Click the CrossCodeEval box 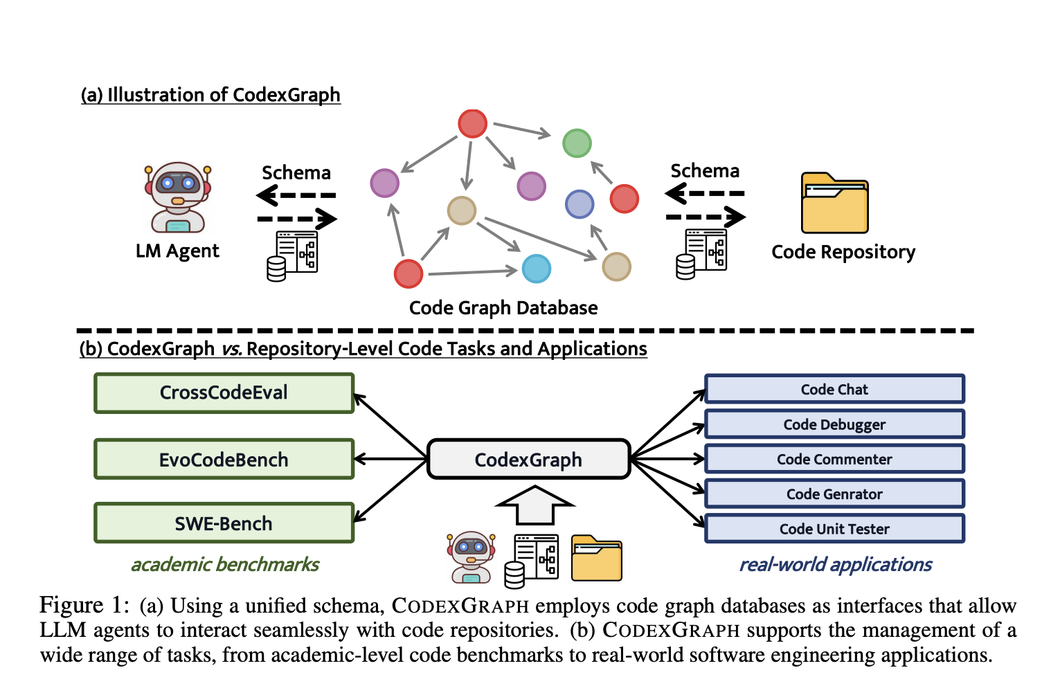tap(224, 393)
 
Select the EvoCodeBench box tap(224, 459)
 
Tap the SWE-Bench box tap(224, 523)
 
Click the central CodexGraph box tap(528, 459)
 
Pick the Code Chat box tap(834, 389)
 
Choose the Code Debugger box tap(834, 424)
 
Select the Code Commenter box tap(834, 459)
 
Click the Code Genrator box tap(834, 494)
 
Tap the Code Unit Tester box tap(834, 529)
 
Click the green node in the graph tap(577, 143)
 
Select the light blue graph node tap(536, 269)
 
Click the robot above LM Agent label tap(177, 198)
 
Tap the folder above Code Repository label tap(834, 203)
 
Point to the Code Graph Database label tap(503, 307)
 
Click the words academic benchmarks tap(225, 565)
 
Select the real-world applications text tap(836, 565)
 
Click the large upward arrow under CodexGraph tap(535, 505)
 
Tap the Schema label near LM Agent tap(296, 172)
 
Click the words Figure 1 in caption tap(84, 605)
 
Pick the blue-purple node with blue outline tap(580, 204)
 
